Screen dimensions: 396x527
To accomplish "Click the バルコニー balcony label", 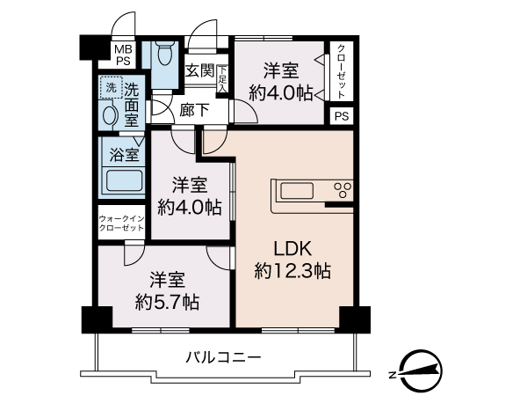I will point(223,357).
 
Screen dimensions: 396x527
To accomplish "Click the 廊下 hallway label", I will point(194,111).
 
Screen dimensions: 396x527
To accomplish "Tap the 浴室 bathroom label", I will point(123,155).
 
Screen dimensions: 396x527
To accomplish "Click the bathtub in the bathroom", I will point(123,184).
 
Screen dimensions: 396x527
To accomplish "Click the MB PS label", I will point(122,55).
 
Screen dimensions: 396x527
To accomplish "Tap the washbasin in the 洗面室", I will point(110,114).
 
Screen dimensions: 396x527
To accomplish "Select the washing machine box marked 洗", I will point(110,87).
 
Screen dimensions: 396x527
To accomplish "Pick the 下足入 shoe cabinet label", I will point(223,79).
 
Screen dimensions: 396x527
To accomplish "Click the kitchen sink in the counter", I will point(294,190).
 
